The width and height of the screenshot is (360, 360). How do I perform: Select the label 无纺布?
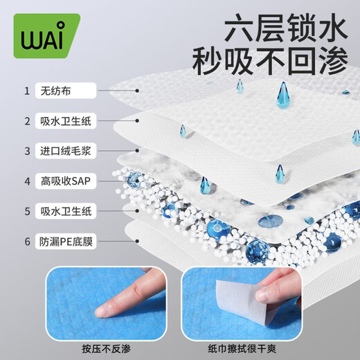(x=57, y=91)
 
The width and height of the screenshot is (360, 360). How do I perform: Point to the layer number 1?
(x=26, y=91)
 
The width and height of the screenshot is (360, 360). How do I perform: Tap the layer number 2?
(x=26, y=121)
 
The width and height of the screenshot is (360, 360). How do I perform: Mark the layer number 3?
(x=26, y=151)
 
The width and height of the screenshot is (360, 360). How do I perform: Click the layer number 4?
(x=26, y=181)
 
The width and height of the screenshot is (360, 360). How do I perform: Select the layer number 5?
(x=26, y=211)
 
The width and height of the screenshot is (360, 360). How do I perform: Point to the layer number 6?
(x=26, y=242)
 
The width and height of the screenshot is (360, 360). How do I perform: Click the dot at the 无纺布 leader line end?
(x=138, y=91)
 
